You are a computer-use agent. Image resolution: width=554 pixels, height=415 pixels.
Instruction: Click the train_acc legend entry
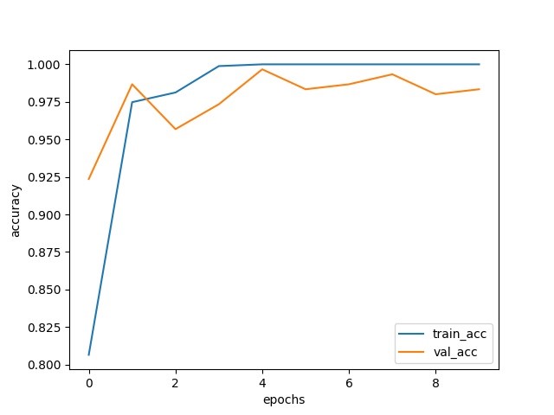441,333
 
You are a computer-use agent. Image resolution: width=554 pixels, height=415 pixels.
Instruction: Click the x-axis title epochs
284,399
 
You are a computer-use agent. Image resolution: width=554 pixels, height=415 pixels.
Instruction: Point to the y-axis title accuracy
16,212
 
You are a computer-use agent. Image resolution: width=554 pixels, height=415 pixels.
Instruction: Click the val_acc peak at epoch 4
262,69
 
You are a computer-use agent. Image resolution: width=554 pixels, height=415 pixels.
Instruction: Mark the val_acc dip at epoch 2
176,129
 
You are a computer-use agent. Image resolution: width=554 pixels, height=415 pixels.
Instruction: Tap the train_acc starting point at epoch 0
89,354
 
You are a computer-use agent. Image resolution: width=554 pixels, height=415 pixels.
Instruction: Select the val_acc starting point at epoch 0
89,179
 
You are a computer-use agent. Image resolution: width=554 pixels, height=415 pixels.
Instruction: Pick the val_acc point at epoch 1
132,84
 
